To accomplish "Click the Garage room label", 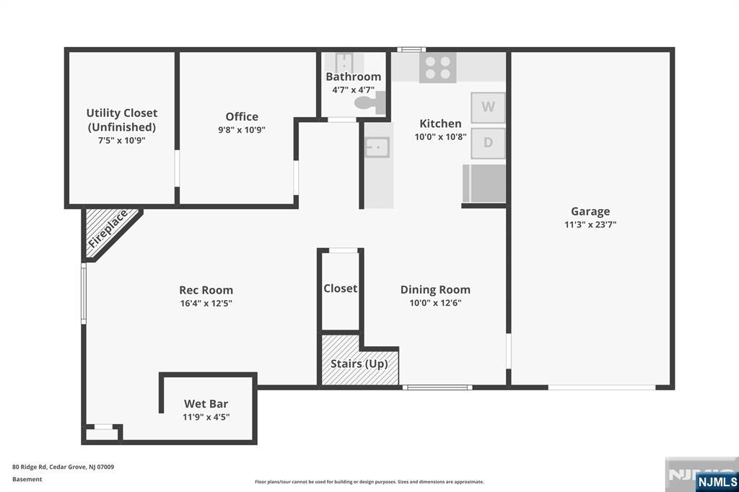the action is click(590, 211).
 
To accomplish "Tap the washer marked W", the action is click(488, 108).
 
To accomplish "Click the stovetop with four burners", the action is click(438, 67).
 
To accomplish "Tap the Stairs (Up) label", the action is click(359, 364).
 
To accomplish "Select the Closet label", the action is click(341, 289).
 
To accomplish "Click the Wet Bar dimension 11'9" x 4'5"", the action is click(206, 417).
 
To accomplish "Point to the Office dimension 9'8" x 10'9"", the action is click(242, 130).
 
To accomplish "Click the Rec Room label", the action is click(206, 290).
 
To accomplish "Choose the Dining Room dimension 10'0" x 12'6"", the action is click(435, 303).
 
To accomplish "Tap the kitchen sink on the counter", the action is click(377, 147).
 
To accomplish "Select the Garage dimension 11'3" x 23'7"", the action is click(590, 225).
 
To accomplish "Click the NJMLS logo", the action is click(717, 481).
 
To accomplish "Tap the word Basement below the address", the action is click(27, 479).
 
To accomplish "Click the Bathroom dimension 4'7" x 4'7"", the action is click(353, 90).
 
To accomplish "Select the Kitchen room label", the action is click(440, 124).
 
